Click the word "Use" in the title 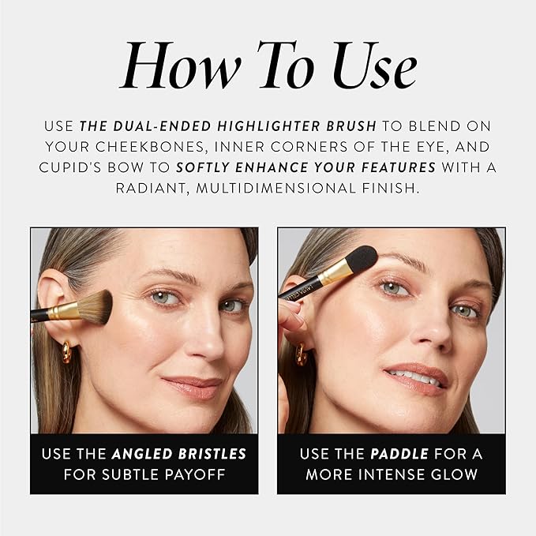pyautogui.click(x=375, y=65)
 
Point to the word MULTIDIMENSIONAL pyautogui.click(x=275, y=188)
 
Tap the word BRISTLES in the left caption pyautogui.click(x=212, y=454)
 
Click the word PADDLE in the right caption pyautogui.click(x=399, y=454)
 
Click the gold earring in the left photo pyautogui.click(x=66, y=352)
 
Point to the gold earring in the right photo pyautogui.click(x=302, y=354)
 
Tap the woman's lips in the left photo pyautogui.click(x=193, y=387)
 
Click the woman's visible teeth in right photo pyautogui.click(x=415, y=377)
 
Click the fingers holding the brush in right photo pyautogui.click(x=290, y=317)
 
